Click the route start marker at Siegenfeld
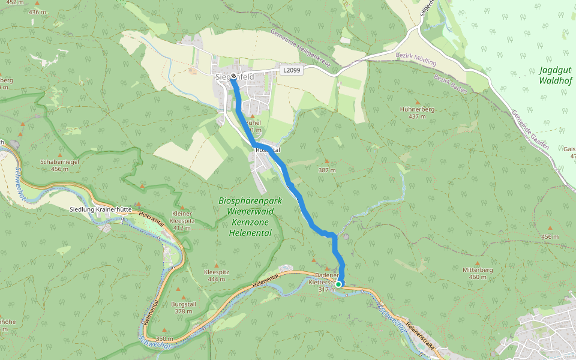(232, 77)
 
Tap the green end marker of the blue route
(338, 284)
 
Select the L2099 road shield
(291, 70)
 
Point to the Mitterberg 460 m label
(478, 273)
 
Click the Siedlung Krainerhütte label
(101, 209)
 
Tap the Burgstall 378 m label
(184, 307)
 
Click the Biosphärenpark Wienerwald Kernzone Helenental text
(246, 217)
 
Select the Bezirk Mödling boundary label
(416, 59)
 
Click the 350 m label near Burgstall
(164, 339)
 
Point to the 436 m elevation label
(37, 12)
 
